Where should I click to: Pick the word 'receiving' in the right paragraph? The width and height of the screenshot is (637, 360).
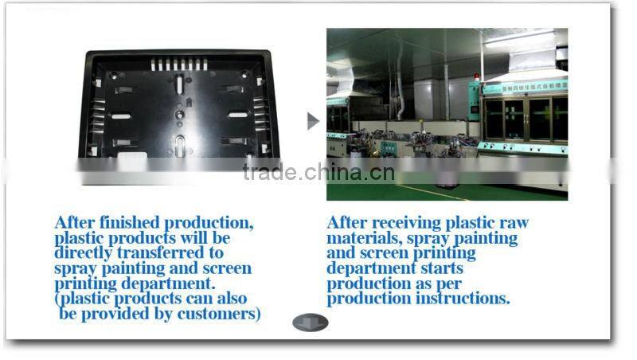pos(398,223)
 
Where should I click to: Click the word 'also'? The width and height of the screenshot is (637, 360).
pos(230,299)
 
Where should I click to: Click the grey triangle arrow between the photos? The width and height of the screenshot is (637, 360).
pos(312,121)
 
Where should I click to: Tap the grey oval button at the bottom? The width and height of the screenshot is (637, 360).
pos(311,323)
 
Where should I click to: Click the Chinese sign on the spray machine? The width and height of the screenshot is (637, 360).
pos(526,88)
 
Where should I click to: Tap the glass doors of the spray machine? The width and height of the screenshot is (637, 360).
pos(526,118)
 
